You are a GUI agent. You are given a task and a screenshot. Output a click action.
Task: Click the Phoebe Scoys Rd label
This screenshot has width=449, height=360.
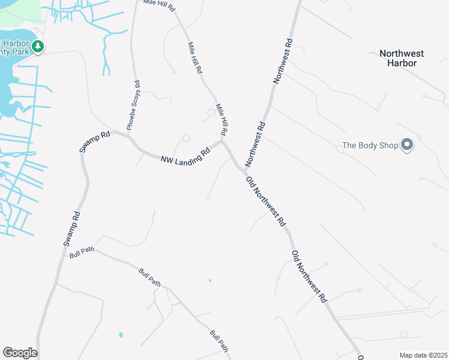click(133, 106)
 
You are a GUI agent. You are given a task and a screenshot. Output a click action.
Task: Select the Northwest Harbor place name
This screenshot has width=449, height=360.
click(402, 58)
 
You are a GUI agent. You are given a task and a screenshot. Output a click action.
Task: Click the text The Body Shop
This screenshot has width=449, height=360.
click(370, 145)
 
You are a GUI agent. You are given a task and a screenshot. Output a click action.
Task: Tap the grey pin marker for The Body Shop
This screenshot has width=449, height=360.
click(408, 145)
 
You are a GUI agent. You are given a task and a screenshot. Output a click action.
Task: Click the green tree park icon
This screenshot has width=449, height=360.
click(38, 46)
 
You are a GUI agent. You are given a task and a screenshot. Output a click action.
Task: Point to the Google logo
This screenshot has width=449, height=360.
click(20, 353)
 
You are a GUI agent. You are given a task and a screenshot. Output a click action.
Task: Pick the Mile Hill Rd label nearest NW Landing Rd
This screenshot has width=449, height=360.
click(221, 118)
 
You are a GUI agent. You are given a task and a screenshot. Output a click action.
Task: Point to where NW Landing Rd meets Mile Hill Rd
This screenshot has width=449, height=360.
click(222, 142)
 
